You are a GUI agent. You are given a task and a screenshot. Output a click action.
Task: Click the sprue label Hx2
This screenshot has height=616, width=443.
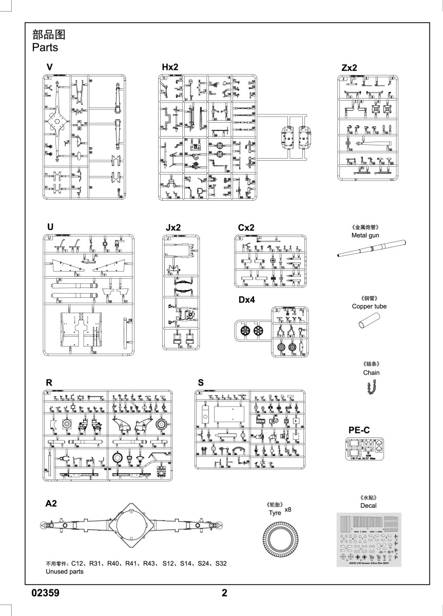click(x=169, y=68)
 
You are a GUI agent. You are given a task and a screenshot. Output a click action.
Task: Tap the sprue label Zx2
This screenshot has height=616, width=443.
click(x=349, y=68)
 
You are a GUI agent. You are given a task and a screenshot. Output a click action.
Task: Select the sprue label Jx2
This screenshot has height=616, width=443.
click(x=174, y=227)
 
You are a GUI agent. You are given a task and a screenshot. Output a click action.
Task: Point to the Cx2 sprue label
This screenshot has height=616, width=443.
click(x=246, y=227)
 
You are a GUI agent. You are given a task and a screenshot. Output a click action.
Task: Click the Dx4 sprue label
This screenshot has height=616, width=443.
click(x=246, y=300)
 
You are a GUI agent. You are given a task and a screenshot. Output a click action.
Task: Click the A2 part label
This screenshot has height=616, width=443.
click(x=51, y=504)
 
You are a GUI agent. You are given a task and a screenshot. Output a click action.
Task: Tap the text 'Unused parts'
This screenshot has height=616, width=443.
click(x=64, y=572)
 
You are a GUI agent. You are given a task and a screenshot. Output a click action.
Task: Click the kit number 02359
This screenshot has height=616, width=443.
click(x=46, y=593)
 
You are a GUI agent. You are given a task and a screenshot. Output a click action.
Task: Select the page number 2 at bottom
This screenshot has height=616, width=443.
click(x=224, y=593)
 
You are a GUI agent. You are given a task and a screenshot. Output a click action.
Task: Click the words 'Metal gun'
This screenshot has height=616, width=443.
click(x=365, y=235)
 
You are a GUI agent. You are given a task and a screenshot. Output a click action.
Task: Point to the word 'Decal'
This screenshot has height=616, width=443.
click(x=368, y=506)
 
